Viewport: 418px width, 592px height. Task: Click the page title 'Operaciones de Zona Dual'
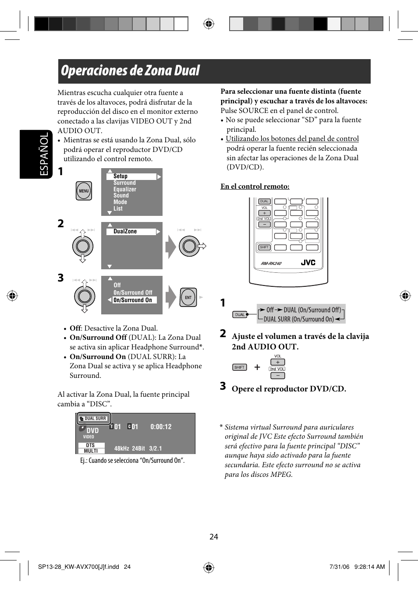pos(130,71)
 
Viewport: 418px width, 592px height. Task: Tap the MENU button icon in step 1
pos(84,191)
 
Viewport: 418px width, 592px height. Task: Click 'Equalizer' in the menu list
pos(125,189)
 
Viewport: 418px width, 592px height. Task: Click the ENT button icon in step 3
pos(188,297)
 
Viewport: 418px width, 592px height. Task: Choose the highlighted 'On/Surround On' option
pos(133,300)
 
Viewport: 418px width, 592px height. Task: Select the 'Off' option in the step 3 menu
pos(117,285)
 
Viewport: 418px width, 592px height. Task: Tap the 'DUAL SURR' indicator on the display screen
pos(94,419)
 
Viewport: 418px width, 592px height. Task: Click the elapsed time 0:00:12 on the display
pos(161,427)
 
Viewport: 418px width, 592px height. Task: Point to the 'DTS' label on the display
pos(91,445)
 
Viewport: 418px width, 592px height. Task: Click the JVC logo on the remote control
pos(308,263)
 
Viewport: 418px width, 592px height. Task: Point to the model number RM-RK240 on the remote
pos(271,264)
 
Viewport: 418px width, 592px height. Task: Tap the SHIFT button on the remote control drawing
pos(264,247)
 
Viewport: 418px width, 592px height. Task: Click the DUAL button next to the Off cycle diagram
pos(240,314)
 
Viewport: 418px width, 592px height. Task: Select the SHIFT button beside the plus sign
pos(240,367)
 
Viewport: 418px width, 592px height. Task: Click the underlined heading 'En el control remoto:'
pos(255,187)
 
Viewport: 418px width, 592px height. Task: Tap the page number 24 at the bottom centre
pos(214,537)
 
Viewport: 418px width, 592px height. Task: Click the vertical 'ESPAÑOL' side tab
pos(44,154)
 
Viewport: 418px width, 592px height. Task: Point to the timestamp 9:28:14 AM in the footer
pos(369,567)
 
